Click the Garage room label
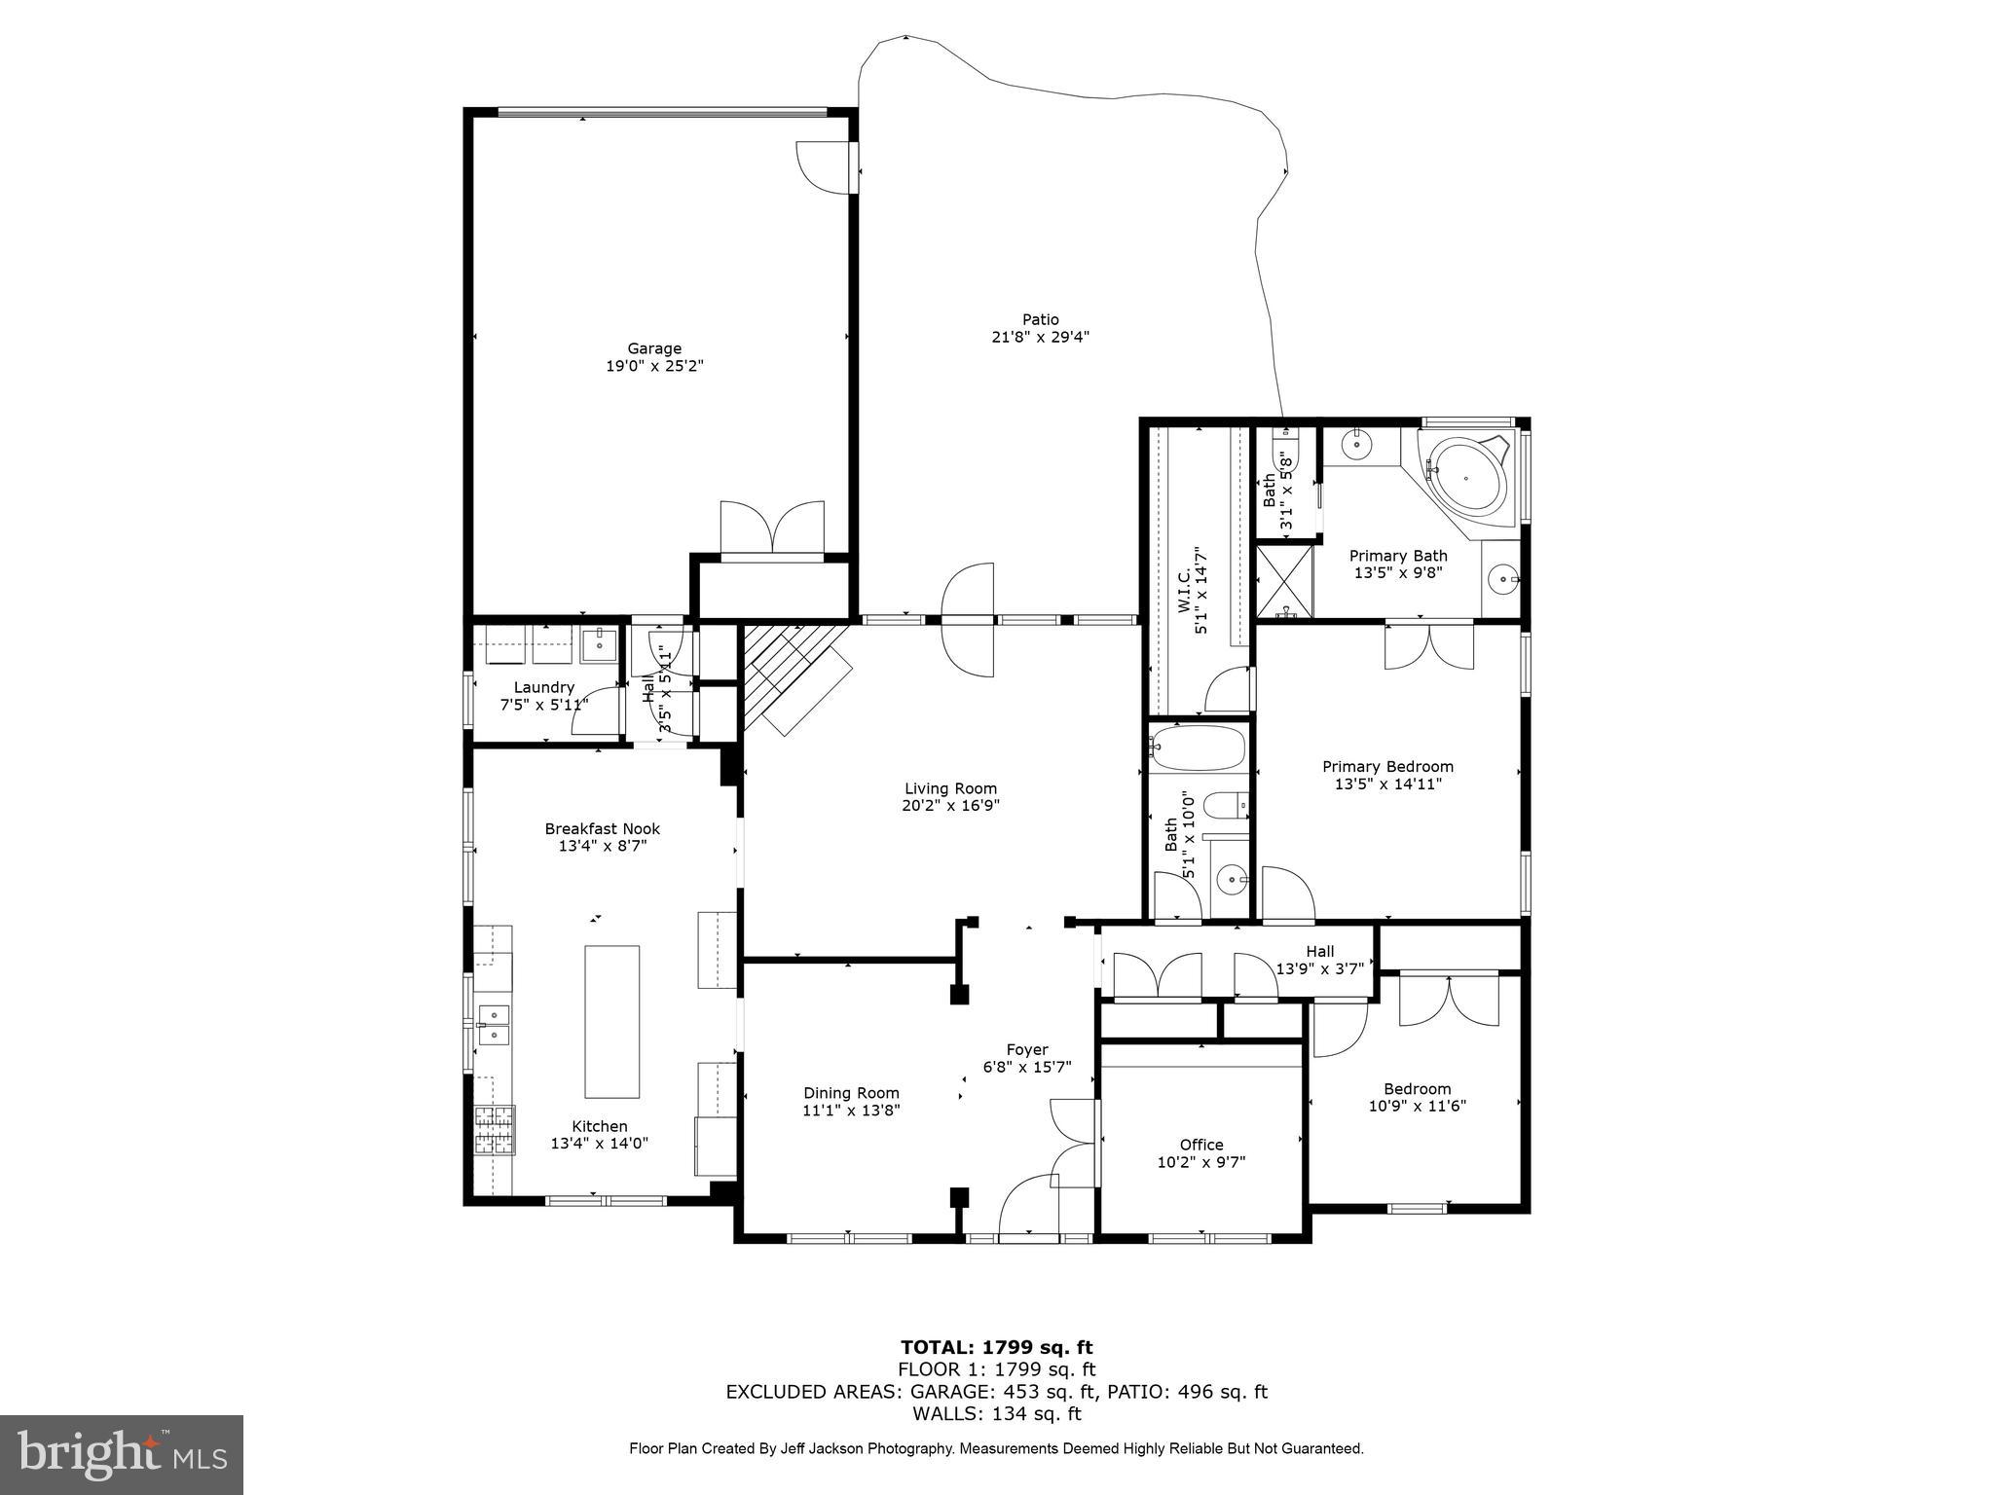(x=653, y=348)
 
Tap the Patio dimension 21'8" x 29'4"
(x=1040, y=337)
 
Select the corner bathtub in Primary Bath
(x=1466, y=477)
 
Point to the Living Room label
(x=950, y=788)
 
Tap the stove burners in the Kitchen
(x=494, y=1130)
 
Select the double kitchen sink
(x=495, y=1025)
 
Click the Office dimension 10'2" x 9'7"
(x=1201, y=1162)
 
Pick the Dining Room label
(x=851, y=1093)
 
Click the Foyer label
(x=1027, y=1049)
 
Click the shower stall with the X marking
(x=1284, y=582)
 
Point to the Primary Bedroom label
(x=1387, y=766)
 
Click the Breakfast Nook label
(x=602, y=828)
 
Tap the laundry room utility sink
(x=599, y=641)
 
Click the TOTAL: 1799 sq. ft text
(x=996, y=1347)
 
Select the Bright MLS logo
(x=122, y=1455)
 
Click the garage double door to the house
(x=772, y=529)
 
